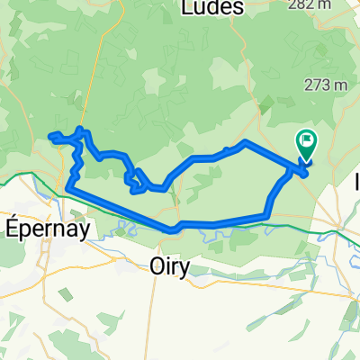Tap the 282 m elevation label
tap(328, 5)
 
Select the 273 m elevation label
tap(327, 85)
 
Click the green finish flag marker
tap(307, 142)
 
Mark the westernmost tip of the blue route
tap(50, 137)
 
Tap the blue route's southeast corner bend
tap(266, 214)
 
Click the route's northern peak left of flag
tap(245, 142)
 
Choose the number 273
tap(318, 85)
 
